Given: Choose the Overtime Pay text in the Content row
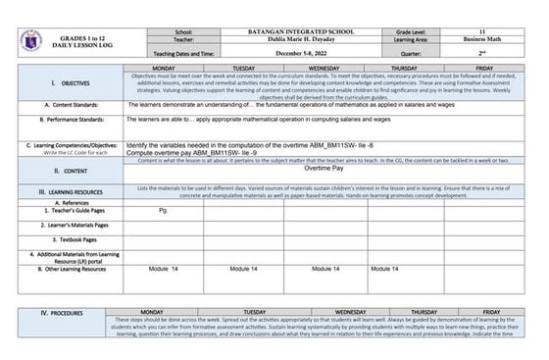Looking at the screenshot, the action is pos(324,169).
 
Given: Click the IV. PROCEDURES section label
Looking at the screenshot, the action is pos(60,312).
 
